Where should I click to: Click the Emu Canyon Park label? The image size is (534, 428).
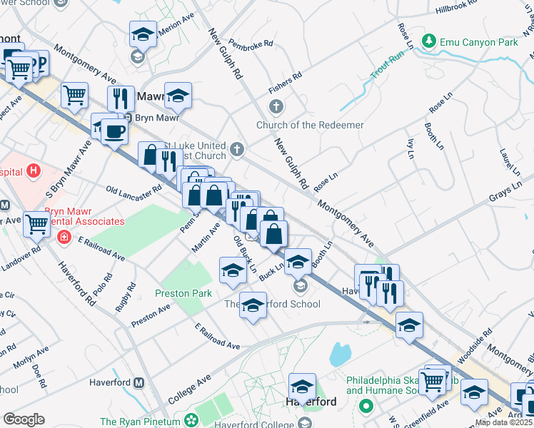(x=478, y=43)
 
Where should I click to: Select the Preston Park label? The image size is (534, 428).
(x=183, y=293)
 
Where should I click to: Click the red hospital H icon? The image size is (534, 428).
(x=33, y=171)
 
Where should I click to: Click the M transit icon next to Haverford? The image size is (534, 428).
(x=139, y=382)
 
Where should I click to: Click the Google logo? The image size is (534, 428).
(x=24, y=419)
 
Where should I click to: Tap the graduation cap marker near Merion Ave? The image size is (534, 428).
(x=143, y=34)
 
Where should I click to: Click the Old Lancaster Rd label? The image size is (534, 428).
(x=133, y=192)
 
